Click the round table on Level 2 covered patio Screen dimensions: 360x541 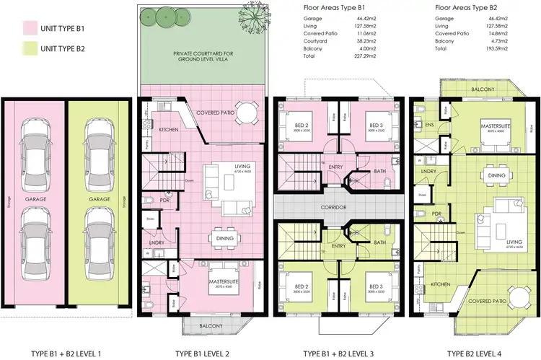[x=247, y=113]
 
